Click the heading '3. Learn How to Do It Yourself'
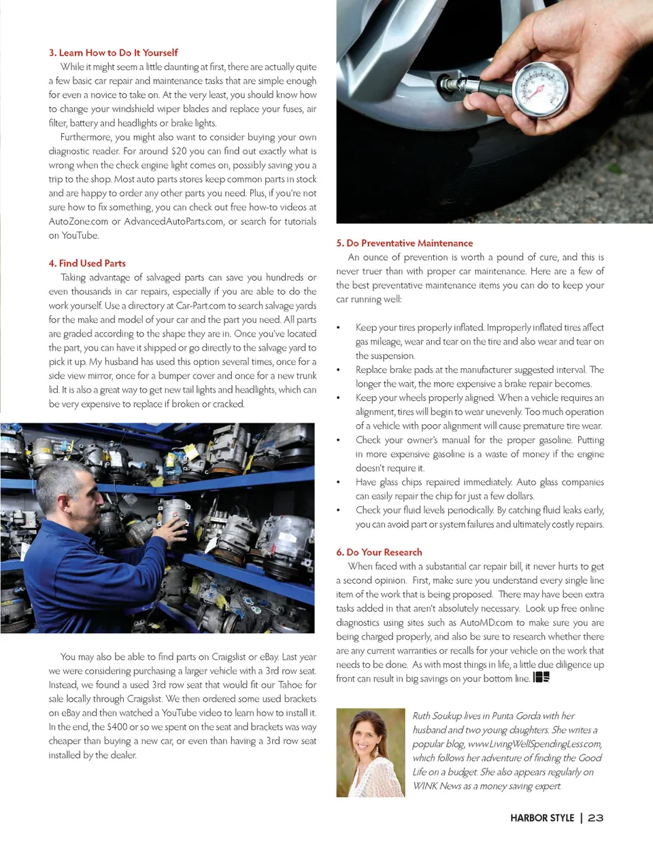113,52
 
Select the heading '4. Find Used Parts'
87,263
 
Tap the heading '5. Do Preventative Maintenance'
404,243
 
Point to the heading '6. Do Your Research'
379,552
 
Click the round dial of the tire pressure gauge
541,89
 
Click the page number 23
596,817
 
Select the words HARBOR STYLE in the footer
542,817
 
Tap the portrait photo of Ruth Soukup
370,752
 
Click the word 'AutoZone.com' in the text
78,222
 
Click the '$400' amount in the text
117,726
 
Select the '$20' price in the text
179,151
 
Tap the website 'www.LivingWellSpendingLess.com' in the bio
535,744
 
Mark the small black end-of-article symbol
541,677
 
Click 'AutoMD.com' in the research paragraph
486,622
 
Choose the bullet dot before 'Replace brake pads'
339,370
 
